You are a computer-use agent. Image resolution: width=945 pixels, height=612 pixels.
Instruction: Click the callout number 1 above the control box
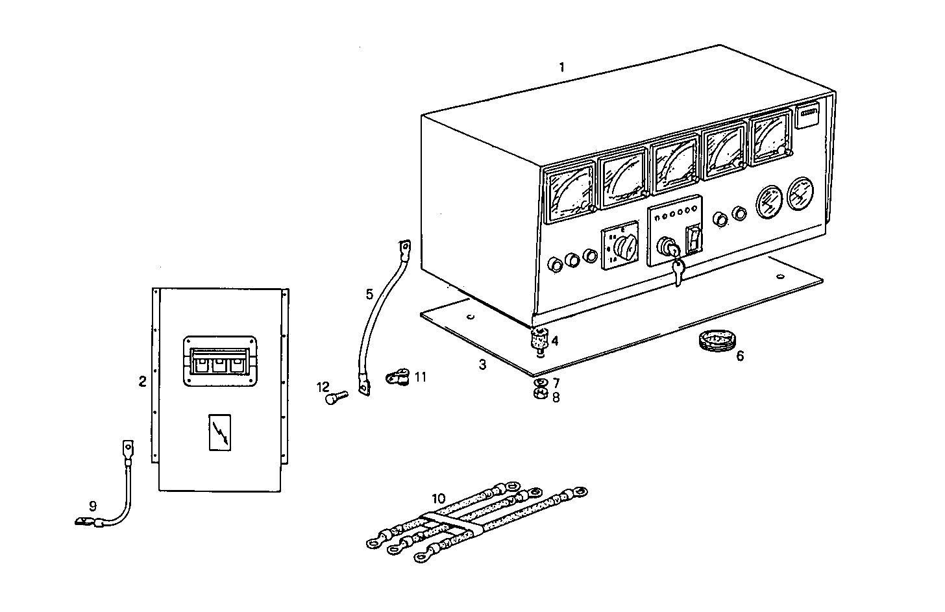562,67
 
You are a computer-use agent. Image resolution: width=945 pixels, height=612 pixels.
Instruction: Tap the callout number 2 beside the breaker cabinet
142,381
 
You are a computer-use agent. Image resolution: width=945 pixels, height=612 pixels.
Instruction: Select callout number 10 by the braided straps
439,498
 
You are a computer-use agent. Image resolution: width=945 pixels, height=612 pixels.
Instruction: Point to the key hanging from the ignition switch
678,273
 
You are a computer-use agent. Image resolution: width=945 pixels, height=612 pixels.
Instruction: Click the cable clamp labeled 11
396,376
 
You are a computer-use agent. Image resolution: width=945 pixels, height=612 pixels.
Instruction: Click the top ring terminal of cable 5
404,247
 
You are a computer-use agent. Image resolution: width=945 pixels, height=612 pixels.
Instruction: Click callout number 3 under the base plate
482,365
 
